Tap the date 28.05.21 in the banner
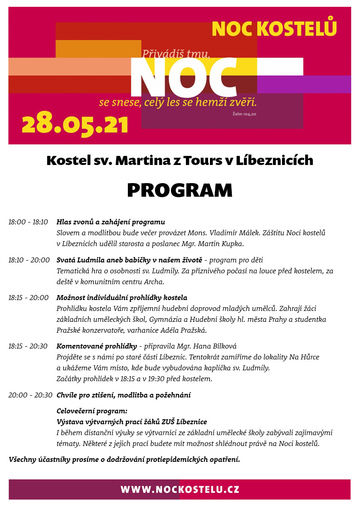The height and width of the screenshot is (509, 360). pyautogui.click(x=75, y=123)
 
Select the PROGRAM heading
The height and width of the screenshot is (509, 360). pyautogui.click(x=180, y=190)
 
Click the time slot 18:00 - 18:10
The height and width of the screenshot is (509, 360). pyautogui.click(x=28, y=222)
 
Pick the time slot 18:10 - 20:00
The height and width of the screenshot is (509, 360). pyautogui.click(x=29, y=260)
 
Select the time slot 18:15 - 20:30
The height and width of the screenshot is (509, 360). pyautogui.click(x=28, y=346)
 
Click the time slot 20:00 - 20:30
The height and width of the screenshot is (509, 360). pyautogui.click(x=30, y=395)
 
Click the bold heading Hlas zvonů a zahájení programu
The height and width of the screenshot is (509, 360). pyautogui.click(x=111, y=222)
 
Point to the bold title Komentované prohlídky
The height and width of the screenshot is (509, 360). pyautogui.click(x=97, y=346)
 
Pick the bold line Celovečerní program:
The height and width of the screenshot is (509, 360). pyautogui.click(x=92, y=411)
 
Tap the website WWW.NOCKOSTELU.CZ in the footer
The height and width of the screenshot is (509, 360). pyautogui.click(x=180, y=490)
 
